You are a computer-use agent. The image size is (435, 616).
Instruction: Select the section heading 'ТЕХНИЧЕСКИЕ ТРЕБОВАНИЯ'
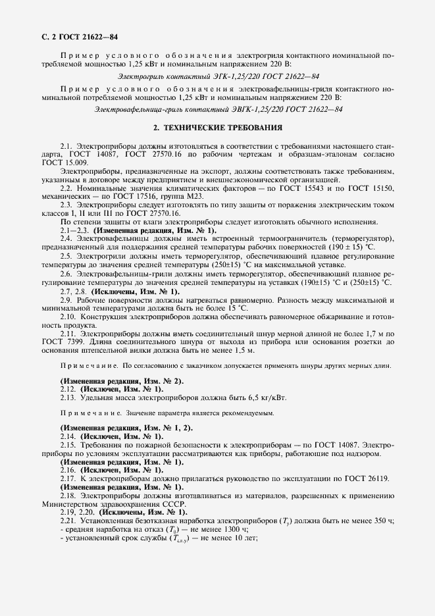click(x=226, y=128)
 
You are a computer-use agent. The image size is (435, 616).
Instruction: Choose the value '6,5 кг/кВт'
click(x=264, y=398)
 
